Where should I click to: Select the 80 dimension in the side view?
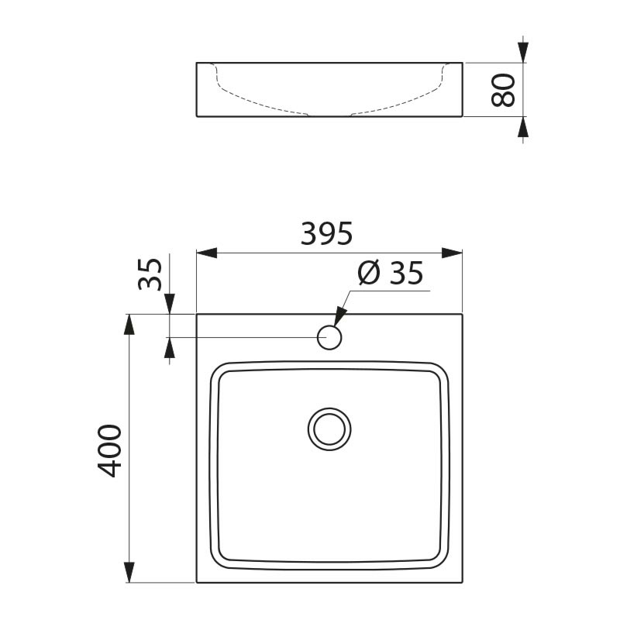505,89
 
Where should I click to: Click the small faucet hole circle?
329,337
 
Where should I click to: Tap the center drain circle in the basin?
329,429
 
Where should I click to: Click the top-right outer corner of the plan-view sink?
463,314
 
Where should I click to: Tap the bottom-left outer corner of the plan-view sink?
197,582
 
